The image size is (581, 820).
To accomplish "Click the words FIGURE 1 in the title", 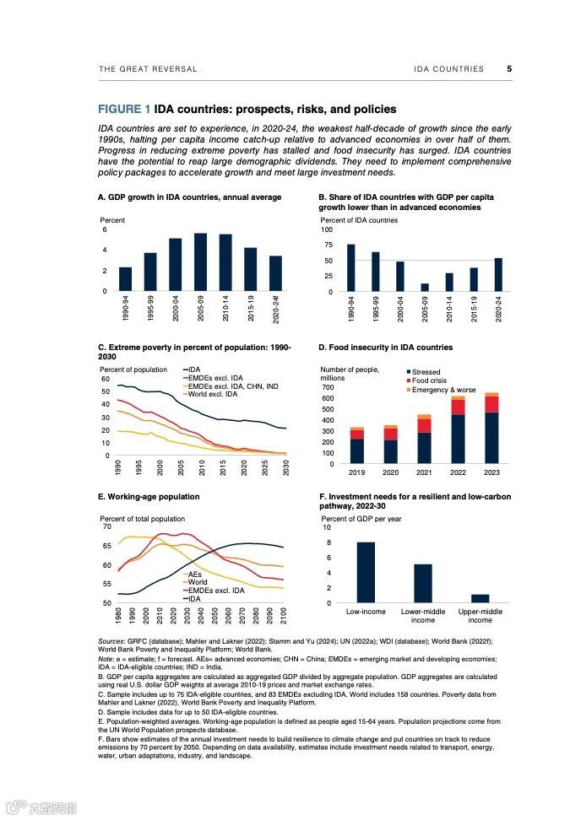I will (124, 110).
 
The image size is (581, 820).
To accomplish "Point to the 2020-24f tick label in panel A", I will (276, 311).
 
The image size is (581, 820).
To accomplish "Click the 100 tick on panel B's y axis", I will (327, 229).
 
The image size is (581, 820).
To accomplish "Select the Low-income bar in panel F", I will (366, 573).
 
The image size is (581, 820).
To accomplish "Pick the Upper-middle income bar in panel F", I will (480, 599).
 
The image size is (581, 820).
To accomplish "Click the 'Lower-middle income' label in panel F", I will (423, 615).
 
